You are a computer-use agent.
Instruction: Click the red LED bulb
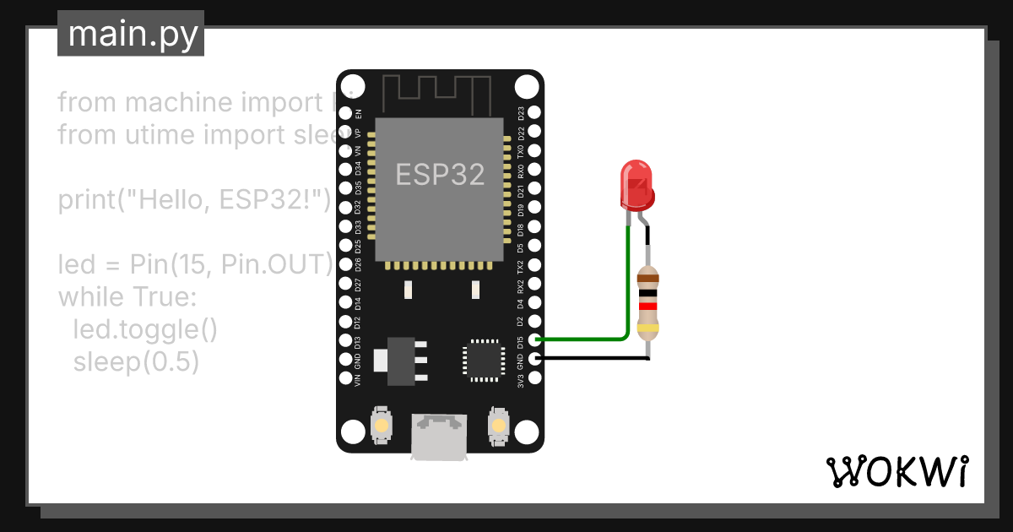(x=637, y=186)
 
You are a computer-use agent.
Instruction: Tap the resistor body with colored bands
(x=647, y=302)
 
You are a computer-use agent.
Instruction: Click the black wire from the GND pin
(x=591, y=359)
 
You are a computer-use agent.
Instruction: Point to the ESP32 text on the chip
(x=440, y=175)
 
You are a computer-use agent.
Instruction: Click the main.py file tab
(x=131, y=35)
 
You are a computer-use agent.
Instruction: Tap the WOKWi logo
(x=897, y=470)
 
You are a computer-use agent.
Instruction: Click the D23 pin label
(x=521, y=113)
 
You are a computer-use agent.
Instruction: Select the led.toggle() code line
(x=145, y=329)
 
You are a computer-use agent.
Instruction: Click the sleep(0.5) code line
(x=136, y=361)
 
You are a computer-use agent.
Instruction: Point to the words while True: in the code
(x=127, y=297)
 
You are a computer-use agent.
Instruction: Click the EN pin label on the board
(x=358, y=113)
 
